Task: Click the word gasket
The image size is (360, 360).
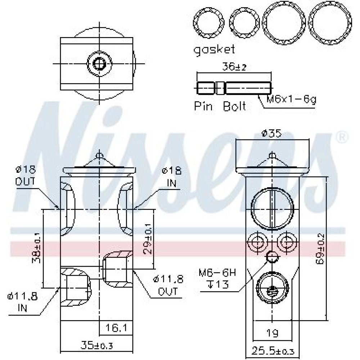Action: [214, 50]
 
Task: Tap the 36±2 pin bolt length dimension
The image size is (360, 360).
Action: [234, 67]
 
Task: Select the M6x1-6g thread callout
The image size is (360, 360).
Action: [291, 99]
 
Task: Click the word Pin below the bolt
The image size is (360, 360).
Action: [203, 106]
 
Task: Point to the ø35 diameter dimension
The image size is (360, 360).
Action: [271, 133]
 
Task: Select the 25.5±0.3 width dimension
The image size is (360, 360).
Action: [273, 351]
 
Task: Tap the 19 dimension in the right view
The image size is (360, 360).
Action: [273, 333]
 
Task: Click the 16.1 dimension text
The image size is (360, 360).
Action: [116, 328]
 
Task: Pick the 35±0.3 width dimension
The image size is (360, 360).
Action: [96, 345]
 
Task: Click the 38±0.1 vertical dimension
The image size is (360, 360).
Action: [37, 248]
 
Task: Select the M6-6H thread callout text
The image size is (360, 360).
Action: [217, 273]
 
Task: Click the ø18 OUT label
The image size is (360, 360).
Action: [26, 176]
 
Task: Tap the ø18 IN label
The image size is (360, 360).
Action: [172, 177]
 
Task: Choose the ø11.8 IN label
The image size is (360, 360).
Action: [22, 302]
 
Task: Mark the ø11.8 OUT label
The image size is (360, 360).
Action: [168, 285]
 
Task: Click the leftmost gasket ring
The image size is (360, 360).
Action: [209, 23]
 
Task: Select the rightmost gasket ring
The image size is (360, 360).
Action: [330, 23]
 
